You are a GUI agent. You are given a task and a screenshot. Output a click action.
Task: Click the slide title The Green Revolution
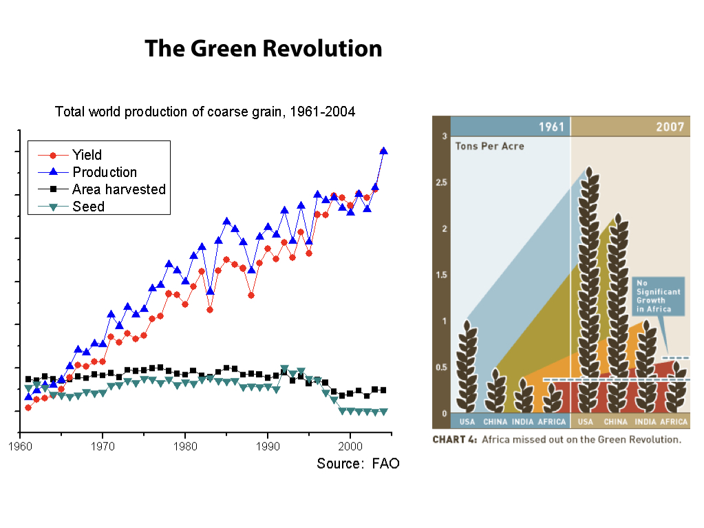pos(263,49)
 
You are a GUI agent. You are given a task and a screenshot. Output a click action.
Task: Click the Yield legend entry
pos(87,155)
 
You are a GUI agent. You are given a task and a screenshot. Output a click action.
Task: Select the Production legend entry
pos(104,172)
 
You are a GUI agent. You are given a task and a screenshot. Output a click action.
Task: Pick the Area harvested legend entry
pos(118,189)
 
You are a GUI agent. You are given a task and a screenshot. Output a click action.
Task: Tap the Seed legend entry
pos(88,207)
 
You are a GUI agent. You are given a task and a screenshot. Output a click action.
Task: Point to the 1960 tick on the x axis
pos(20,446)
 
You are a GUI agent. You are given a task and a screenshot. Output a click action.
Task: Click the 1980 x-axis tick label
pos(185,446)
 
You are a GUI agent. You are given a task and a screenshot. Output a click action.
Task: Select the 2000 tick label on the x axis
pos(350,446)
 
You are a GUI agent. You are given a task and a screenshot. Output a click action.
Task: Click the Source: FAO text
pos(358,463)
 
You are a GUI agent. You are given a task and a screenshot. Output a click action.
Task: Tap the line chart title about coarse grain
pos(205,112)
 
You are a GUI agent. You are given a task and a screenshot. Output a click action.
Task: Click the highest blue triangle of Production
pos(383,151)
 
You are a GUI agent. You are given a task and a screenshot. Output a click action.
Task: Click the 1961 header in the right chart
pos(552,127)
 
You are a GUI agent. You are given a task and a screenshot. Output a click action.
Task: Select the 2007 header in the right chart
pos(670,127)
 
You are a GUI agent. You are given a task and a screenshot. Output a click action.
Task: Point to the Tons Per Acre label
pos(489,146)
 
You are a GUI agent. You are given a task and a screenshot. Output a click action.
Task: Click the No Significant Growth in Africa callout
pos(658,297)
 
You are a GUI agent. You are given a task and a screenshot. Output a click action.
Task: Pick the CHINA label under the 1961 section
pos(495,421)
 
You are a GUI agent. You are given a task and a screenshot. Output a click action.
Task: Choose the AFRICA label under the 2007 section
pos(674,421)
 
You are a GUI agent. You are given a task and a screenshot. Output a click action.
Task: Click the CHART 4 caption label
pos(455,439)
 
